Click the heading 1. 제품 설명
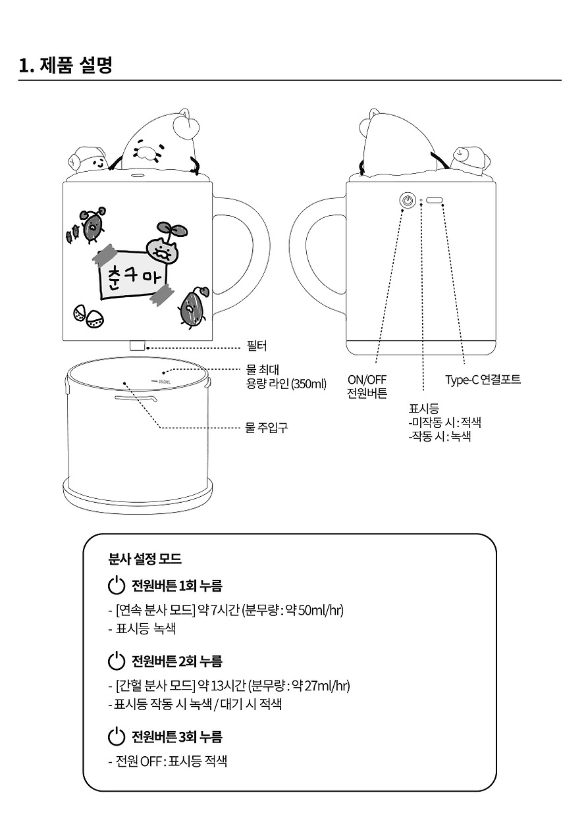[x=66, y=65]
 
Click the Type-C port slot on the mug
[x=435, y=200]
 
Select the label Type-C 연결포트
[x=483, y=380]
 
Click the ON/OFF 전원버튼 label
[x=367, y=386]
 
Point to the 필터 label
[x=257, y=346]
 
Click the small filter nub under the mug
[x=138, y=346]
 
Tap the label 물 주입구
[x=266, y=427]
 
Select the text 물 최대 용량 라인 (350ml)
[x=286, y=376]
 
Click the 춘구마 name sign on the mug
[x=134, y=274]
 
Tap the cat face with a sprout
[x=163, y=249]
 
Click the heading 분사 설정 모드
[x=145, y=559]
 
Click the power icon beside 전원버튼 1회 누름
[x=117, y=585]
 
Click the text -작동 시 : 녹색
[x=440, y=436]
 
